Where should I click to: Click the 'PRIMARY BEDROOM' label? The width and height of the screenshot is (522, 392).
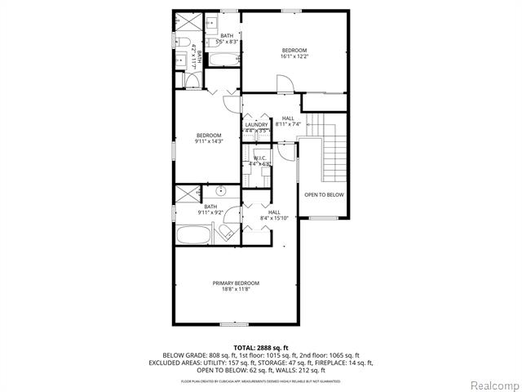coord(236,283)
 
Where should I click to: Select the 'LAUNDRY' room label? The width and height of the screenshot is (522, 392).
coord(256,124)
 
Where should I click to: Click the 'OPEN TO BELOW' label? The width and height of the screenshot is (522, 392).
coord(324,195)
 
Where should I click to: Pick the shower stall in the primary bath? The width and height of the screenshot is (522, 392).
coord(186,194)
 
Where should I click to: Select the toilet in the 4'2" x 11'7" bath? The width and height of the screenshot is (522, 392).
coord(184,42)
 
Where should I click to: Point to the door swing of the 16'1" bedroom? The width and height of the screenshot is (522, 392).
coord(282,84)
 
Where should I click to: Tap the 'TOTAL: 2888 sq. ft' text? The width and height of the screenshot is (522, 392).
coord(260,348)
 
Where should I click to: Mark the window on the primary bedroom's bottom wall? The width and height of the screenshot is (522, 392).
coord(234,324)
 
